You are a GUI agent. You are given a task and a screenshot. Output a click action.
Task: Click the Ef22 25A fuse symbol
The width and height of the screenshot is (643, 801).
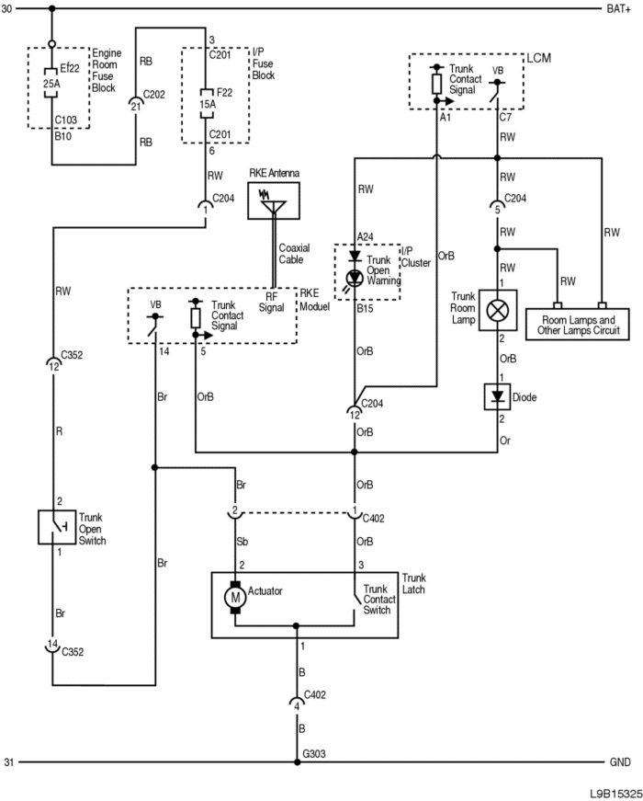(51, 83)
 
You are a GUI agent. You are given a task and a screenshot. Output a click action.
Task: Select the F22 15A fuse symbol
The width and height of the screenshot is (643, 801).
(207, 103)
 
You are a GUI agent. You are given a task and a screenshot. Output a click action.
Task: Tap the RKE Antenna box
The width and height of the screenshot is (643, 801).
(274, 200)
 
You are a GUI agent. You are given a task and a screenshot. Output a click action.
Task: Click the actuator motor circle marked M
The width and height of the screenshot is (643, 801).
(235, 597)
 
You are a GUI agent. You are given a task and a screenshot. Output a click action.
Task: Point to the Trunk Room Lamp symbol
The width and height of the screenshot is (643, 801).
(498, 310)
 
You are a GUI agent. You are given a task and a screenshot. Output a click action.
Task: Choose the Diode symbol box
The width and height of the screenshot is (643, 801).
(497, 397)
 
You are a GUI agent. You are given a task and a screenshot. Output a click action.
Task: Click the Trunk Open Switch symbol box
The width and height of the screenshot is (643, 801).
(57, 527)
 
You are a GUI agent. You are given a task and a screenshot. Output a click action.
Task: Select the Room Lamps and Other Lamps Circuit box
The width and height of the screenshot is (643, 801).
(578, 324)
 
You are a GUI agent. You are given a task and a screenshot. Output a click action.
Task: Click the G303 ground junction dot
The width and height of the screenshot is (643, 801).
(297, 762)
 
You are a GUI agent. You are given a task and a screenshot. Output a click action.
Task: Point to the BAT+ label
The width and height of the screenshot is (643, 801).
(618, 8)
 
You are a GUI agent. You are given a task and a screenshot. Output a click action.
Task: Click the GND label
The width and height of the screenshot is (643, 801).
(620, 762)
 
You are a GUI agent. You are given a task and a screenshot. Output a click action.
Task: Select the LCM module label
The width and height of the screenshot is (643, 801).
(539, 58)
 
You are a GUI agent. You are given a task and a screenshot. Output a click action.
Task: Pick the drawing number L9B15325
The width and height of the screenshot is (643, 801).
(615, 794)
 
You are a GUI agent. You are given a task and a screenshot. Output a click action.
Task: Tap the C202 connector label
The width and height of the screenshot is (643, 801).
(154, 95)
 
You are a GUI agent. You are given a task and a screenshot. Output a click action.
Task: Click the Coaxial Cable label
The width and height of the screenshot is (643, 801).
(294, 254)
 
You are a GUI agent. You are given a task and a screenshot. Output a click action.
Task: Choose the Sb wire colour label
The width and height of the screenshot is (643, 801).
(243, 542)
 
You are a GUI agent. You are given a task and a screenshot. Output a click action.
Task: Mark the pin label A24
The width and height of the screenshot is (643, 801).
(366, 236)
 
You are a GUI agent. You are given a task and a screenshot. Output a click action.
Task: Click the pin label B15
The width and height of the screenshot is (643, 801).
(365, 309)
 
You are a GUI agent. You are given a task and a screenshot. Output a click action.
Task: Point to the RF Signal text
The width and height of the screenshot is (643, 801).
(271, 302)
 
